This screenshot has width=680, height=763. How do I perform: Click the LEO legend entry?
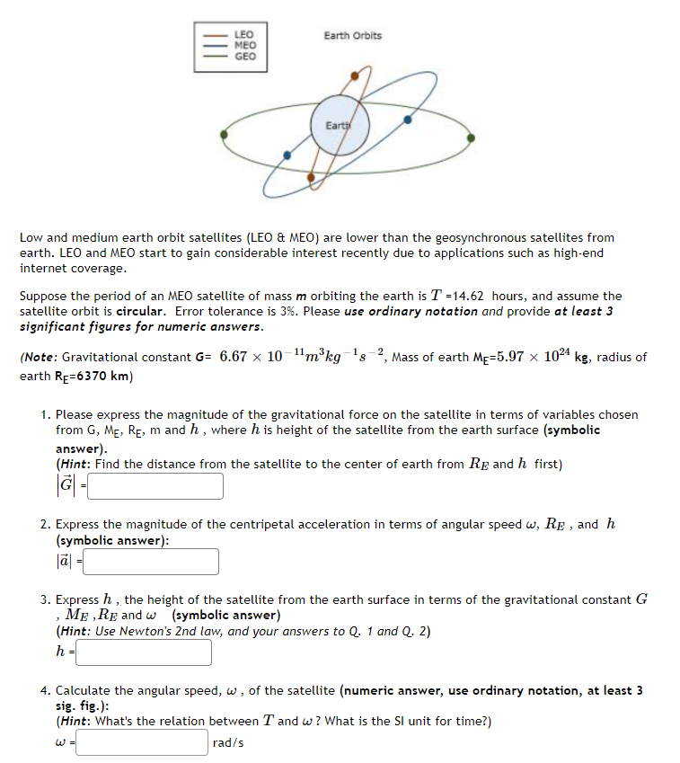(244, 35)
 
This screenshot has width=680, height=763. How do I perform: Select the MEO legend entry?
(244, 45)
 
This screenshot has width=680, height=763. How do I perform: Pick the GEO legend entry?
(244, 56)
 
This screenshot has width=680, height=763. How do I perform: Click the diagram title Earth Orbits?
(352, 36)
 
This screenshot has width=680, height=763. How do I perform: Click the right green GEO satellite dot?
(471, 138)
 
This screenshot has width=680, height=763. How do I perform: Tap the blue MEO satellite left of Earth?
(287, 155)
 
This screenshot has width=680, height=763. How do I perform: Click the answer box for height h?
(144, 652)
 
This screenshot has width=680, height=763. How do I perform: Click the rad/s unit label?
(228, 743)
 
